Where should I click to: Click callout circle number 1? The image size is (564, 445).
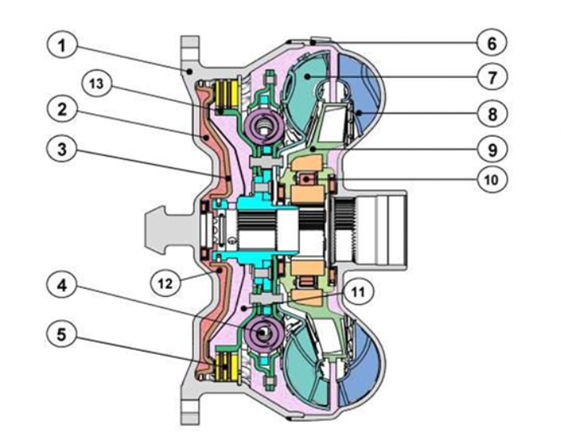coord(62,46)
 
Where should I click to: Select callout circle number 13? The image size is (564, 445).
coord(97,84)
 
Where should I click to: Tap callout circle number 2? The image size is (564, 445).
coord(62,109)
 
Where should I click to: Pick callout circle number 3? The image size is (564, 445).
coord(62,149)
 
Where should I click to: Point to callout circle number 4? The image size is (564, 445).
coord(62,286)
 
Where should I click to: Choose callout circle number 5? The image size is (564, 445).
coord(62,335)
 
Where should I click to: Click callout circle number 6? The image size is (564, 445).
coord(492,43)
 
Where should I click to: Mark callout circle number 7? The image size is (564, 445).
coord(492,77)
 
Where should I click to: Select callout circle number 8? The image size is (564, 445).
coord(492,113)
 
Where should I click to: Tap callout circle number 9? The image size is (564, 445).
coord(492,149)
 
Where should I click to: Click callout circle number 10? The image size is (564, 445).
coord(492,179)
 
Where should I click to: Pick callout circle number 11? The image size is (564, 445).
coord(359,292)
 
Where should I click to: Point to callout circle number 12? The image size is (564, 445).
coord(165,283)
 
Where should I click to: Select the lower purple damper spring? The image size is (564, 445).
coord(264,334)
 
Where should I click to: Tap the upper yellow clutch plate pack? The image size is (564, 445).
coord(226,94)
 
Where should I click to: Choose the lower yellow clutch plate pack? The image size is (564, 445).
coord(226,367)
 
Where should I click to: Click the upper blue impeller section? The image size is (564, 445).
coord(362,90)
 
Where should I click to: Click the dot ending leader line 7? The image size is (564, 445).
coord(307,76)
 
